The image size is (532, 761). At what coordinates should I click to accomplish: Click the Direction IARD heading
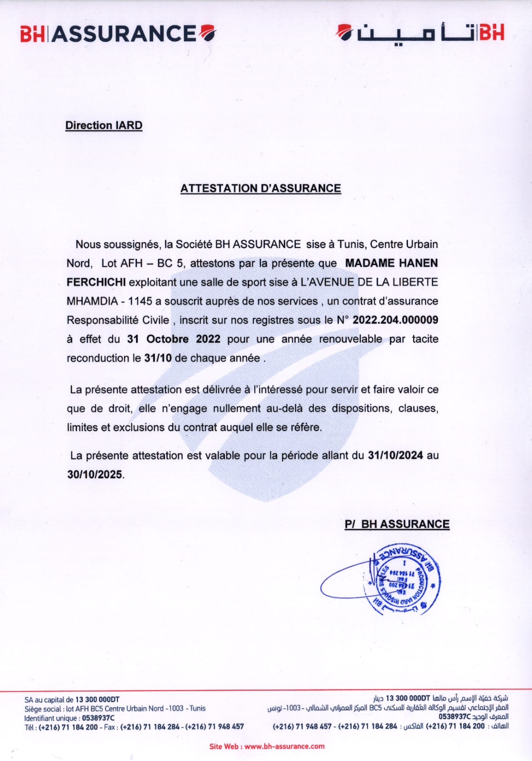pyautogui.click(x=104, y=126)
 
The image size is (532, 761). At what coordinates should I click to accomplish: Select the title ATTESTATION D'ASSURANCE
pyautogui.click(x=261, y=188)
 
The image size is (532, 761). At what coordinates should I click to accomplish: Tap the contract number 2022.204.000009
pyautogui.click(x=395, y=320)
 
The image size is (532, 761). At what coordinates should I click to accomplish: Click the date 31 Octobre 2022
pyautogui.click(x=174, y=339)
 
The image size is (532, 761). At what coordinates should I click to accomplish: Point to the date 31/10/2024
pyautogui.click(x=395, y=455)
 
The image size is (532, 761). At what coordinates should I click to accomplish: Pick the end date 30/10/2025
pyautogui.click(x=95, y=474)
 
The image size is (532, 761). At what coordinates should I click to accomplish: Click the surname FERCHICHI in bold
pyautogui.click(x=96, y=282)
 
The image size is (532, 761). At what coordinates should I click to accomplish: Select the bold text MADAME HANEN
pyautogui.click(x=391, y=263)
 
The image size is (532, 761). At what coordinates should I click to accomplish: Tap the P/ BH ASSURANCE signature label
pyautogui.click(x=397, y=524)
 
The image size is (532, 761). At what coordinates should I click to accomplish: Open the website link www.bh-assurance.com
pyautogui.click(x=284, y=746)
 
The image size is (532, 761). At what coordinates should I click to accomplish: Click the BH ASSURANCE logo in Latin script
pyautogui.click(x=118, y=34)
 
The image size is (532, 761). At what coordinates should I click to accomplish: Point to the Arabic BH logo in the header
pyautogui.click(x=420, y=33)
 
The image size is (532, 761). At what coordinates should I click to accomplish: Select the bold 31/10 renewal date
pyautogui.click(x=157, y=358)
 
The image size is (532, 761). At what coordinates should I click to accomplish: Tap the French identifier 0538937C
pyautogui.click(x=98, y=718)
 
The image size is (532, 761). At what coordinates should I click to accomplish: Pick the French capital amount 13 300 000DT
pyautogui.click(x=97, y=700)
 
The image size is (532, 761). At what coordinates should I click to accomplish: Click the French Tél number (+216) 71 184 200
pyautogui.click(x=68, y=727)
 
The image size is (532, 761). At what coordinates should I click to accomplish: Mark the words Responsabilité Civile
pyautogui.click(x=117, y=320)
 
